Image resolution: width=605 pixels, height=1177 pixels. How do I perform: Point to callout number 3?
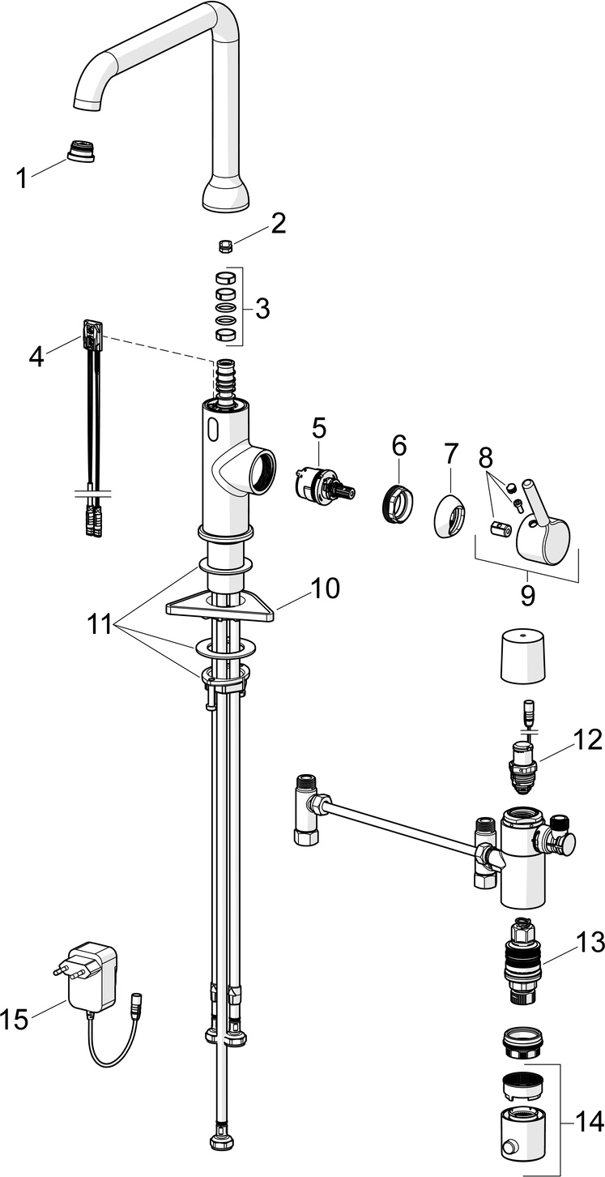pos(262,308)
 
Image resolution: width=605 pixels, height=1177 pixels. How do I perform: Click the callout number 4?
pos(36,355)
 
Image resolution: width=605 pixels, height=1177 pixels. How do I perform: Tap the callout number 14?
pos(589,1122)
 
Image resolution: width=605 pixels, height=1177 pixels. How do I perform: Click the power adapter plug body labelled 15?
pos(92,978)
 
